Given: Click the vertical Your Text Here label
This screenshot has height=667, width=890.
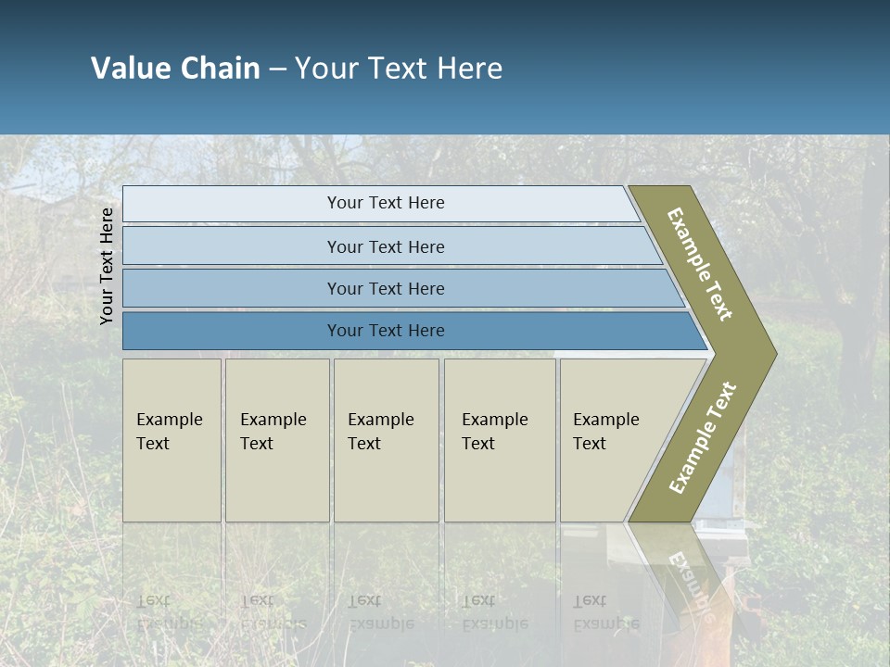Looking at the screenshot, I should point(107,266).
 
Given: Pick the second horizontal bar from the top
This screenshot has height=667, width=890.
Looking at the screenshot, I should point(385,246).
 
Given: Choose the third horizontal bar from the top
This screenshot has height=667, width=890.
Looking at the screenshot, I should point(385,288).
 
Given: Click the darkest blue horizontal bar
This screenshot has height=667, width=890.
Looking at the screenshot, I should point(385,331).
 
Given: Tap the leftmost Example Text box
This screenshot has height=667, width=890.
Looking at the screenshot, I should point(172,440).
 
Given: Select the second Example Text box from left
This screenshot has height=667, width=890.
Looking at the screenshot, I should point(276,440).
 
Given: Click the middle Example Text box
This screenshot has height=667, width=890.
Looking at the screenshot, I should point(386,440).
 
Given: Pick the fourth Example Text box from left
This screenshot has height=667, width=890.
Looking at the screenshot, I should point(499,440).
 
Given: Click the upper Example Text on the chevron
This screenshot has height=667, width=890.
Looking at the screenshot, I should point(700,265).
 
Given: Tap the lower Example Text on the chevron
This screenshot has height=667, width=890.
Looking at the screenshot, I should point(703,437).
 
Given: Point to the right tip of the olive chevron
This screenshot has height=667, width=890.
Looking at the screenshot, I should point(774,354).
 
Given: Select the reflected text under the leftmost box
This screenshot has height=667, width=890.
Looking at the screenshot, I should point(169,611).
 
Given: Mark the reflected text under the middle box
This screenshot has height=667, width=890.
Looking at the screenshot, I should point(381,611).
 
